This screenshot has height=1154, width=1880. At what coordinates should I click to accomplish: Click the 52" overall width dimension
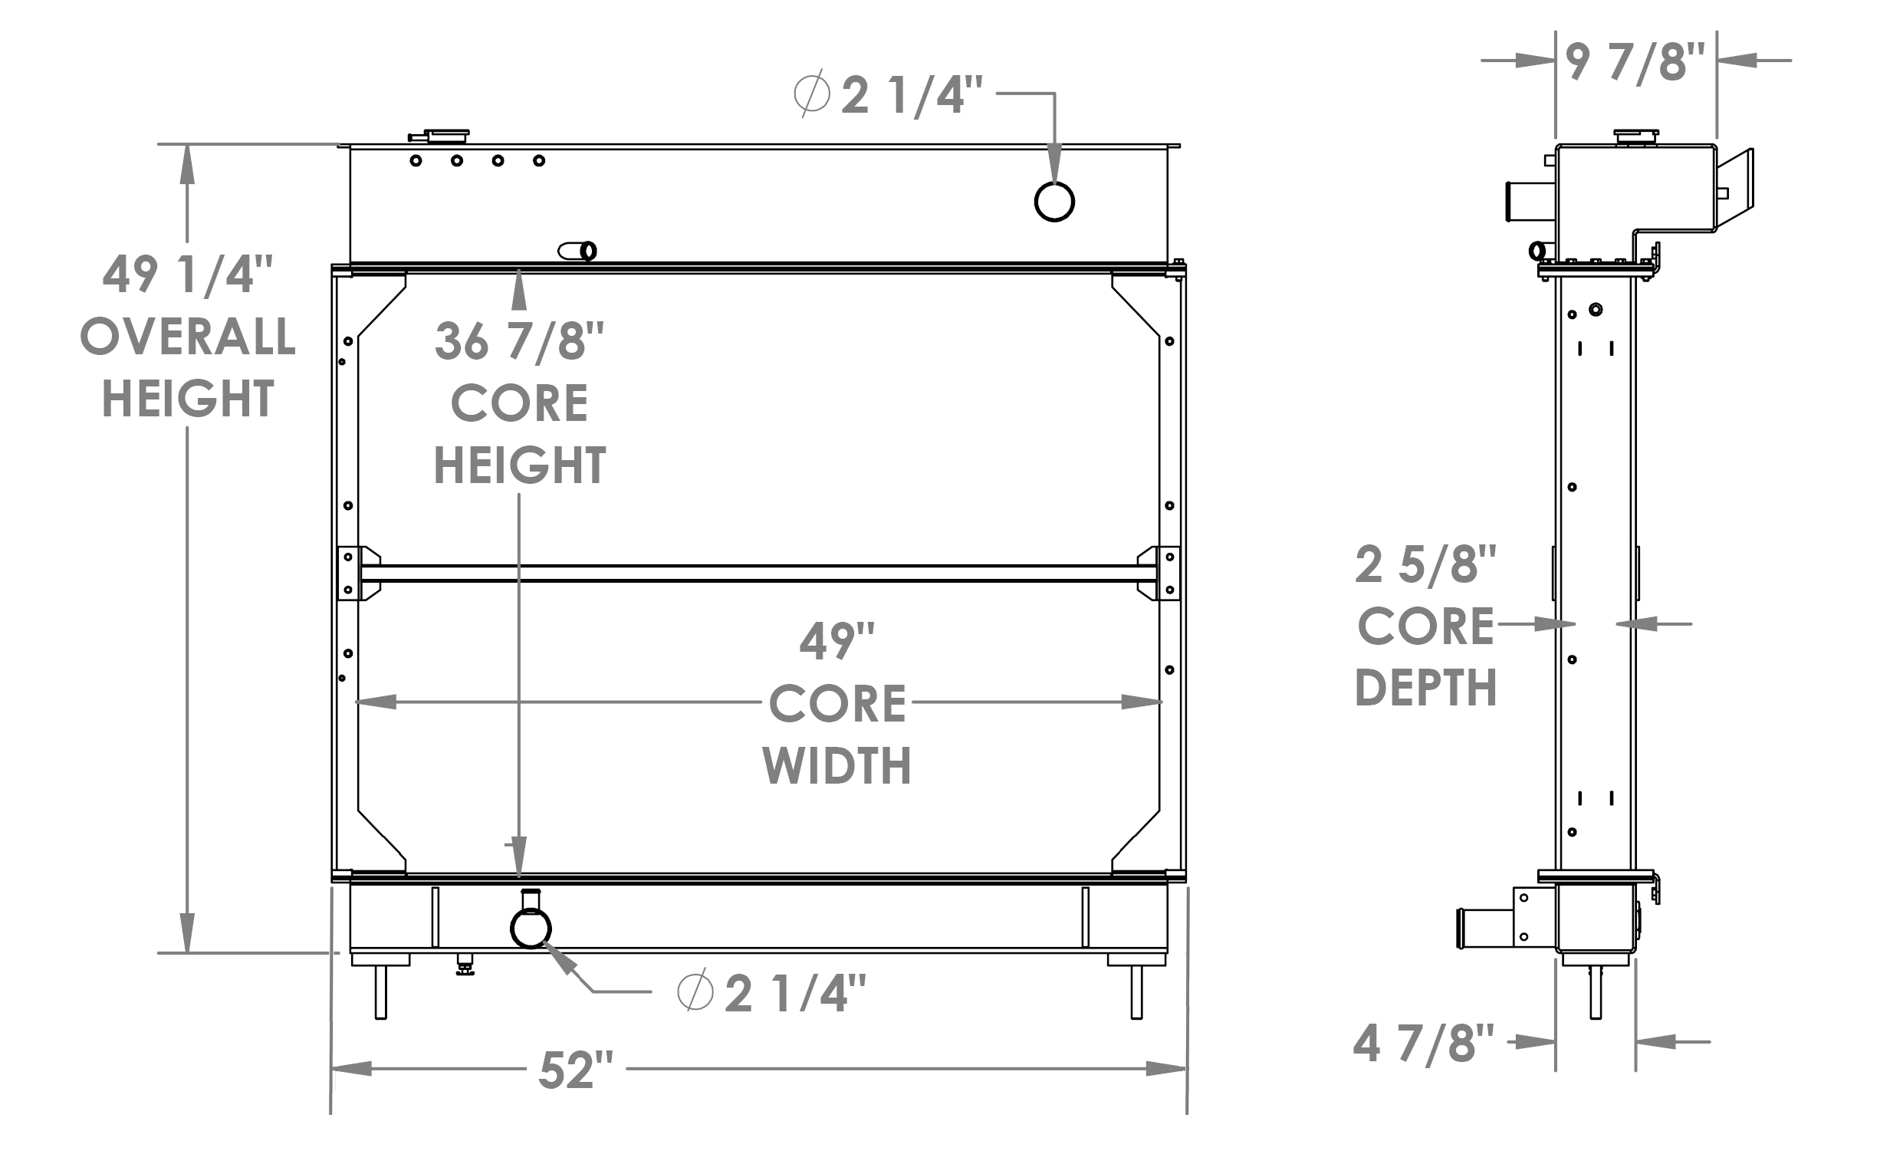click(576, 1070)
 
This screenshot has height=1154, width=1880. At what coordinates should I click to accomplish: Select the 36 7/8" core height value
click(519, 341)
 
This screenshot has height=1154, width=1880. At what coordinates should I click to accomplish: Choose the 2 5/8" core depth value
click(1425, 565)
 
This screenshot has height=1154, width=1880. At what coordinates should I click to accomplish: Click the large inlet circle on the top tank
click(1054, 202)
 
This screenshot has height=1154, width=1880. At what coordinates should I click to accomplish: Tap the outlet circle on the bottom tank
click(531, 928)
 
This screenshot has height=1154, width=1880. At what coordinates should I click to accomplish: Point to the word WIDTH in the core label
click(836, 765)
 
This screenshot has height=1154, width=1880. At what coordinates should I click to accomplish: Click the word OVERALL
click(188, 337)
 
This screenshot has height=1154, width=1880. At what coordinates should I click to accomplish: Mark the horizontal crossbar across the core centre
click(758, 574)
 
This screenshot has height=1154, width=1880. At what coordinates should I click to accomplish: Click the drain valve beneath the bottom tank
click(465, 965)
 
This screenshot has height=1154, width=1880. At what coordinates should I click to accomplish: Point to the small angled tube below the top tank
click(577, 251)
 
